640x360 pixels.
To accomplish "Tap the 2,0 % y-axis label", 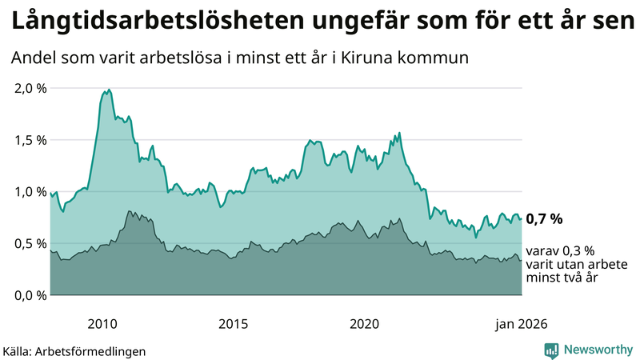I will [30, 88].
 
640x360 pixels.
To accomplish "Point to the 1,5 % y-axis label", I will [30, 140].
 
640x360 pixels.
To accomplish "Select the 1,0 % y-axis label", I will [30, 192].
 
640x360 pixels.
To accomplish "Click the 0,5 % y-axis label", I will [30, 243].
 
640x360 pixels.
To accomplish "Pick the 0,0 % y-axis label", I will [30, 295].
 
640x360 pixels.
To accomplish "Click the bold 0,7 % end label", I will [545, 218].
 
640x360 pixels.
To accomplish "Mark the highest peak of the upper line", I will [109, 90].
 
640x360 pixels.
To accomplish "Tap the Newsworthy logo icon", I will [552, 350].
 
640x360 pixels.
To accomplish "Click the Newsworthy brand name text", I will [598, 350].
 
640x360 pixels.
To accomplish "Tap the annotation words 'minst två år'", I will [563, 278].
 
